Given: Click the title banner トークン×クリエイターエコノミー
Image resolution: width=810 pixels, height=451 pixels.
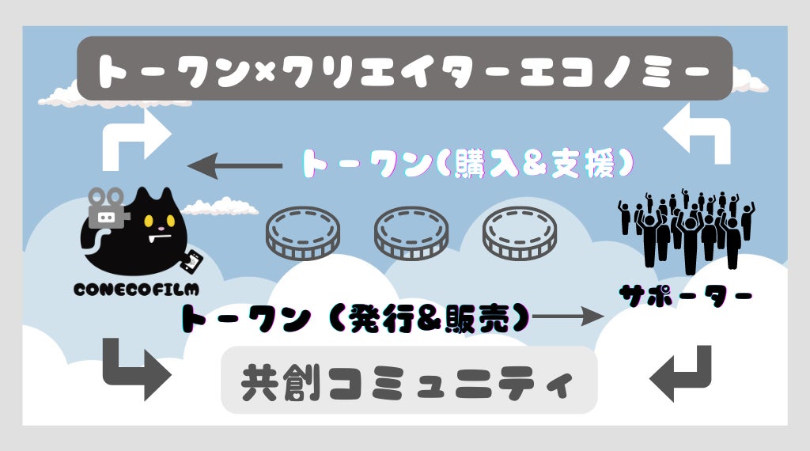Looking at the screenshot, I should click(404, 69).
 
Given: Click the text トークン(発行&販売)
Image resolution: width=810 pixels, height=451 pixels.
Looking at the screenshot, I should click(355, 318).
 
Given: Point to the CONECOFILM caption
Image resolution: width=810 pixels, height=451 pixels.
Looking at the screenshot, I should click(136, 290).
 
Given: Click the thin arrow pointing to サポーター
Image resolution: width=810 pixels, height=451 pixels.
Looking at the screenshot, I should click(569, 318).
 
